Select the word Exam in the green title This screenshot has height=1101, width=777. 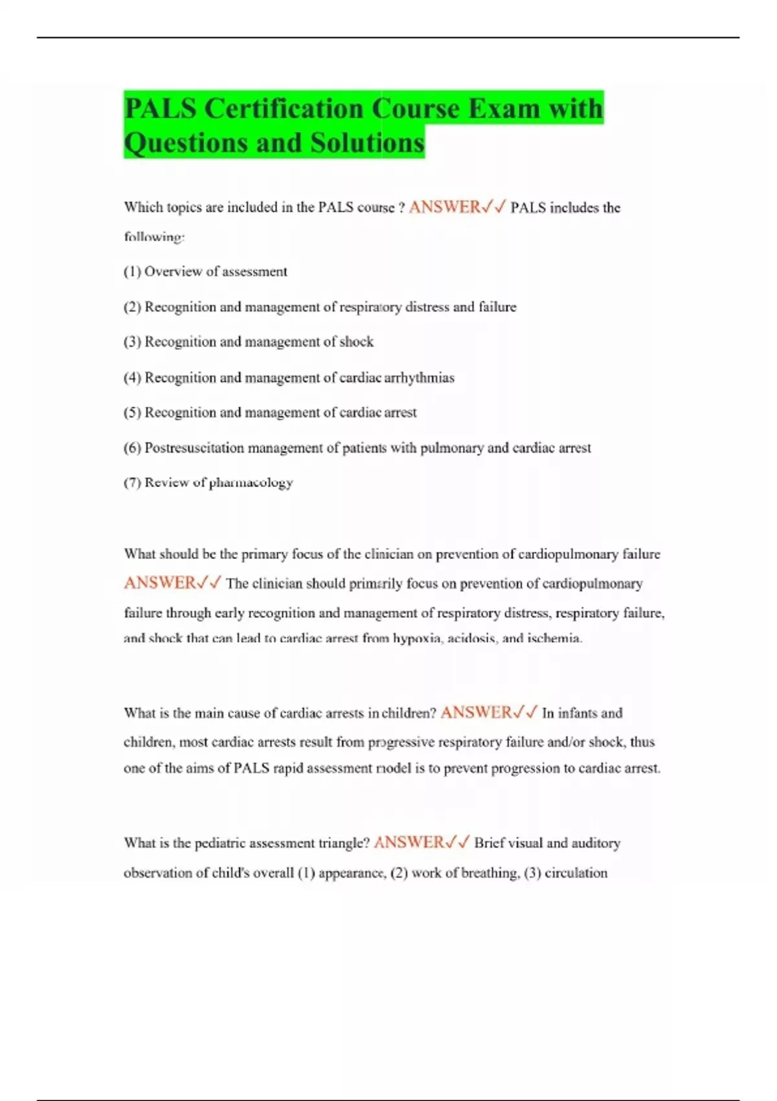pos(503,108)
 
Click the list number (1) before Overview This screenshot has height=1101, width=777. pos(132,272)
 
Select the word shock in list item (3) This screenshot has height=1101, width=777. pos(356,342)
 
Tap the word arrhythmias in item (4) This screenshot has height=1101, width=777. pos(419,378)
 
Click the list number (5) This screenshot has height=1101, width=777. pos(132,413)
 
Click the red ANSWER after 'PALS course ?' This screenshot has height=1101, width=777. pos(444,207)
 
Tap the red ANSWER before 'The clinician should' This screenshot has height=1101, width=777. pos(159,583)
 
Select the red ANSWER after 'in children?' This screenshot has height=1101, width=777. pos(476,713)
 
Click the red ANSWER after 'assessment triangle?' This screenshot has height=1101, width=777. pos(409,843)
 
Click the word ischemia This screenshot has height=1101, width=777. pos(554,639)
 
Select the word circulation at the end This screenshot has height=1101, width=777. pos(576,873)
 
